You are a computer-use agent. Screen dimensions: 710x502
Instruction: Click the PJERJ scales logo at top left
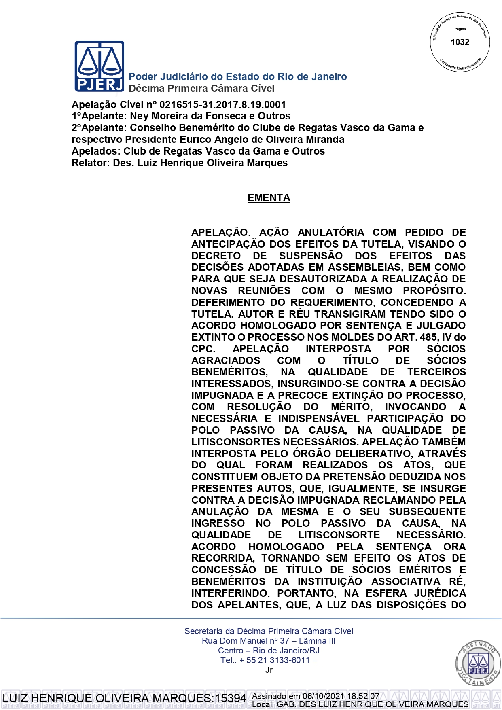99,66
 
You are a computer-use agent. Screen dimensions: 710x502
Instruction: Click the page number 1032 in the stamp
460,42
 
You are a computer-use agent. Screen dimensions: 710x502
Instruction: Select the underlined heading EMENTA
269,198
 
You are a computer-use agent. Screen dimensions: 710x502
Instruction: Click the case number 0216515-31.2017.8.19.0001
222,105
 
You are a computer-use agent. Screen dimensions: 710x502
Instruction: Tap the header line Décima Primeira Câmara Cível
201,89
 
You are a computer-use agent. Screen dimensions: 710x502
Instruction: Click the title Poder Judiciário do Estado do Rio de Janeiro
237,77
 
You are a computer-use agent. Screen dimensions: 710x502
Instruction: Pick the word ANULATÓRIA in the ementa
331,233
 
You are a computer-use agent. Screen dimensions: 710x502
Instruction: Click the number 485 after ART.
428,337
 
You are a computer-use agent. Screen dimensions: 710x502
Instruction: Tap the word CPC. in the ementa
203,349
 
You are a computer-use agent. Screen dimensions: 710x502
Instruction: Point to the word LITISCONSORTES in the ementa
236,442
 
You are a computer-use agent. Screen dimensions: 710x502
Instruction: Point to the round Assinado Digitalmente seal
478,663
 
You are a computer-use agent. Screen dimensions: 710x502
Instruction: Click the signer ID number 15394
231,698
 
